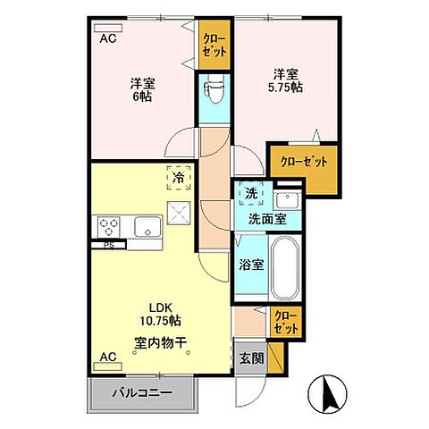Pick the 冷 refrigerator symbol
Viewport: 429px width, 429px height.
[x=178, y=178]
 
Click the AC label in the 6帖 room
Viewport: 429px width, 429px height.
[x=107, y=38]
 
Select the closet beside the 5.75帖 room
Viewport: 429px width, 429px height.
[x=303, y=162]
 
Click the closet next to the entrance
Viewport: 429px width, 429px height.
[x=285, y=321]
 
